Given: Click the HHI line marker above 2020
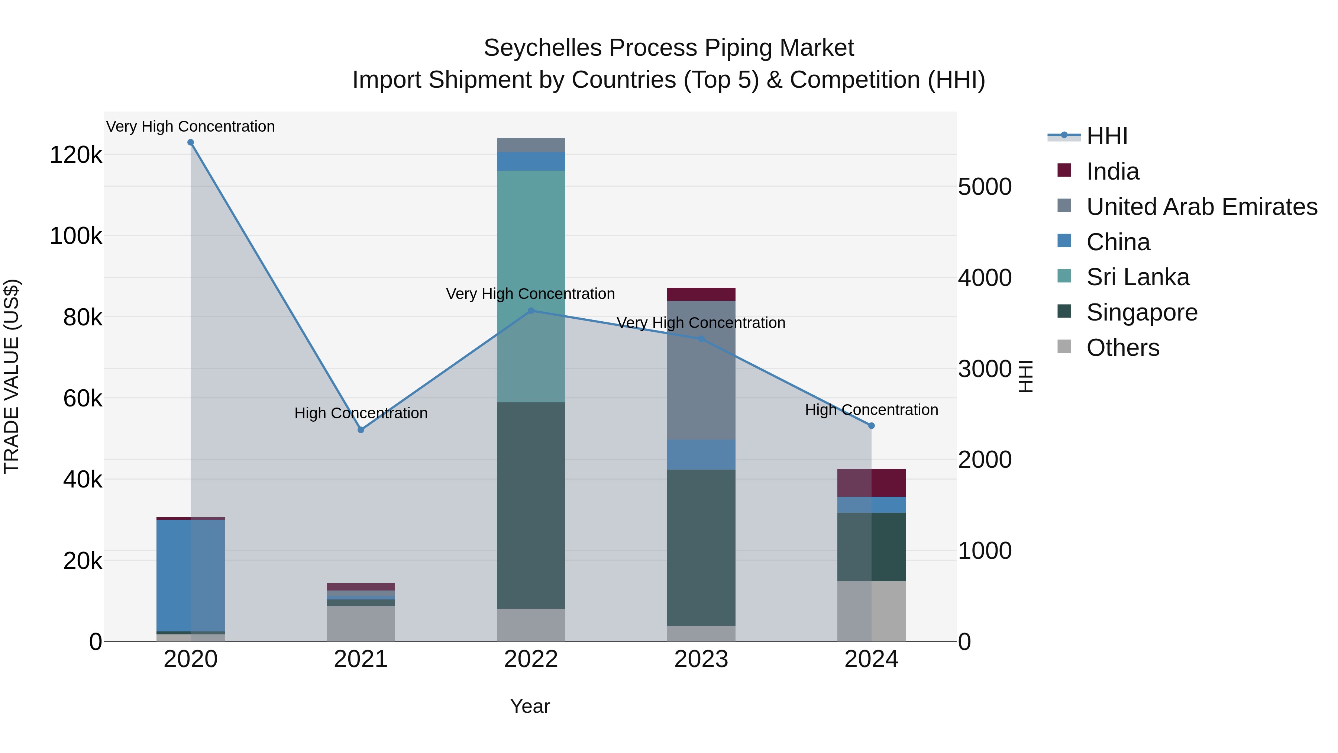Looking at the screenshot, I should click(x=191, y=142).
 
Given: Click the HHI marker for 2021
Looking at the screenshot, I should click(x=361, y=430).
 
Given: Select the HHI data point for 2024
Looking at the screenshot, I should click(x=872, y=426).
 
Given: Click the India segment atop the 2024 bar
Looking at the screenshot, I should click(x=872, y=483).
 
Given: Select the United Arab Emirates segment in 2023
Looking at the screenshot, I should click(x=701, y=370).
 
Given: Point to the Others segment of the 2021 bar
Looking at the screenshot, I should click(x=361, y=623).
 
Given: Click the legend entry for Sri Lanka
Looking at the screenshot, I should click(x=1138, y=277).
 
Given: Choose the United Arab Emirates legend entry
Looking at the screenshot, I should click(x=1201, y=206).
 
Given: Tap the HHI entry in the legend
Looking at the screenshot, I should click(x=1106, y=136).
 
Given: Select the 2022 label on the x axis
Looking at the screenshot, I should click(x=531, y=659).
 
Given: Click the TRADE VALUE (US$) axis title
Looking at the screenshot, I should click(x=12, y=376).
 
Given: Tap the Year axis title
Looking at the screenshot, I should click(x=530, y=706).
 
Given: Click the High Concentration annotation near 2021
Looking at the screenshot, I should click(x=361, y=413).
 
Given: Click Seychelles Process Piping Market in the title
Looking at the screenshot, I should click(x=669, y=48).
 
